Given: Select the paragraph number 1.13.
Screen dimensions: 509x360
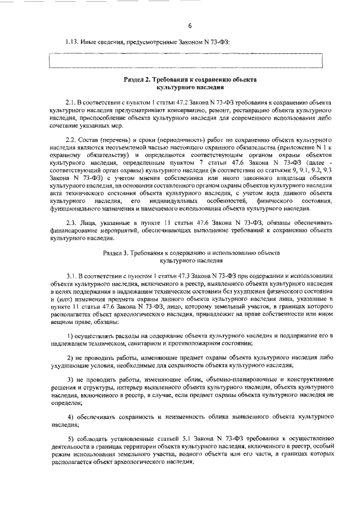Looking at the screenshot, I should click(72, 42).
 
